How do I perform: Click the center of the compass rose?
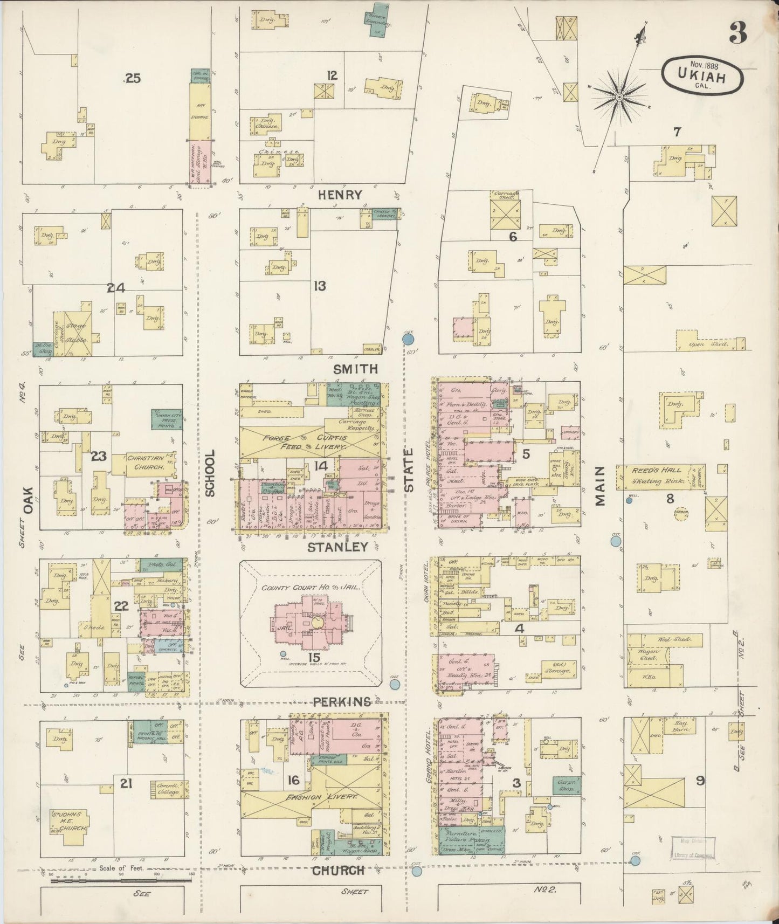point(620,97)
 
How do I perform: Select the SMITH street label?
point(354,369)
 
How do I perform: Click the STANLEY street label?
point(337,547)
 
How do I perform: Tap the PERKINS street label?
point(342,702)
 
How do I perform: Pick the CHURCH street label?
point(338,870)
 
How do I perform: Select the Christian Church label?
point(145,462)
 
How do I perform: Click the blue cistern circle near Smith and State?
point(408,339)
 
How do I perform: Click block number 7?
point(677,131)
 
